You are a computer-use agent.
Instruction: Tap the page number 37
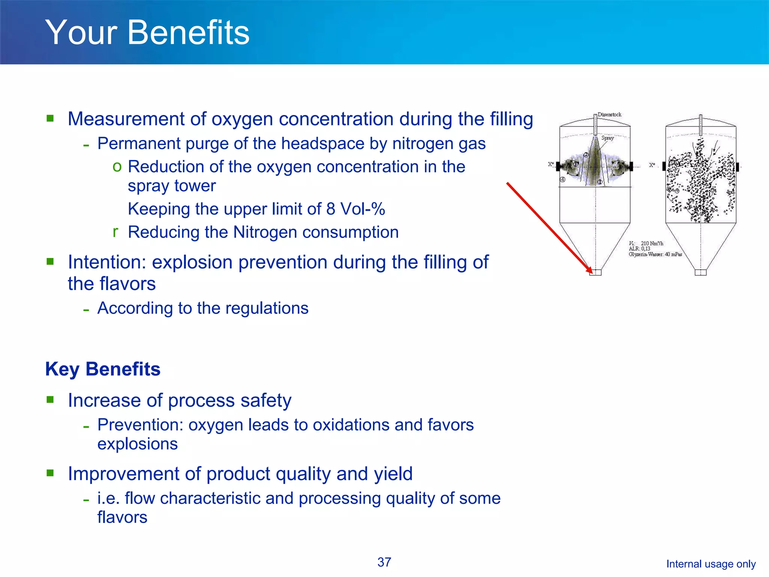[384, 562]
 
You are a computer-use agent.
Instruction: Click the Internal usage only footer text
[711, 564]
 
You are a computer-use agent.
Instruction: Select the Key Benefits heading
[103, 369]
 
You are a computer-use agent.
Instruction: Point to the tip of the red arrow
[591, 272]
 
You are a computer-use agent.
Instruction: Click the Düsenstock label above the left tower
[609, 115]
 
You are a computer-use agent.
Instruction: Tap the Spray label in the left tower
[607, 138]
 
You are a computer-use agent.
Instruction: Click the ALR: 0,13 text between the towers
[639, 249]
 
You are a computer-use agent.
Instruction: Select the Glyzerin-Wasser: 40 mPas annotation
[655, 254]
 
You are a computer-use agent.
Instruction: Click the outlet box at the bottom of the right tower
[700, 272]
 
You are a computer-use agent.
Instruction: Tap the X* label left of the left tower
[551, 164]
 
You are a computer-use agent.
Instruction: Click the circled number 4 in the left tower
[562, 180]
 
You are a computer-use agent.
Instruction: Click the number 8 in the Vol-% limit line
[330, 209]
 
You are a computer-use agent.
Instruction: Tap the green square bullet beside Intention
[50, 261]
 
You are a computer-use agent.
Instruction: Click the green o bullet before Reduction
[117, 166]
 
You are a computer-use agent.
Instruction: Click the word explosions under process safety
[137, 444]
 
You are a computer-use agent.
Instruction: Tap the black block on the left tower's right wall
[631, 166]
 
